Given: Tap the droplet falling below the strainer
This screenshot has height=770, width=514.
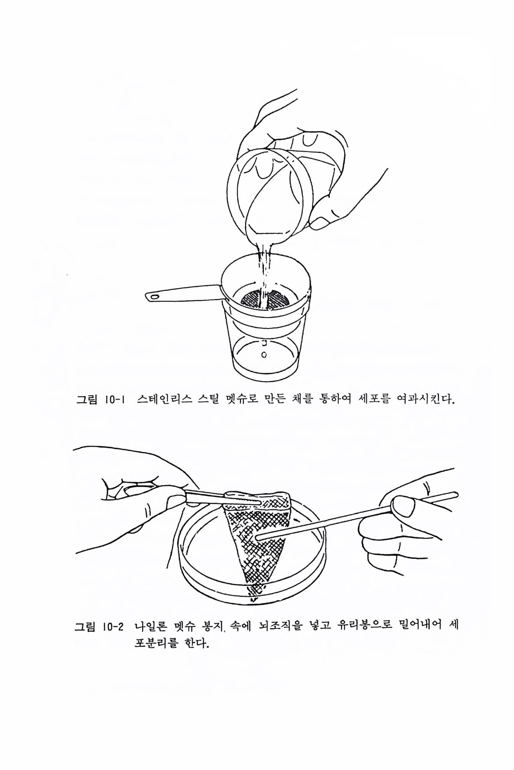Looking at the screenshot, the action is [264, 355].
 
